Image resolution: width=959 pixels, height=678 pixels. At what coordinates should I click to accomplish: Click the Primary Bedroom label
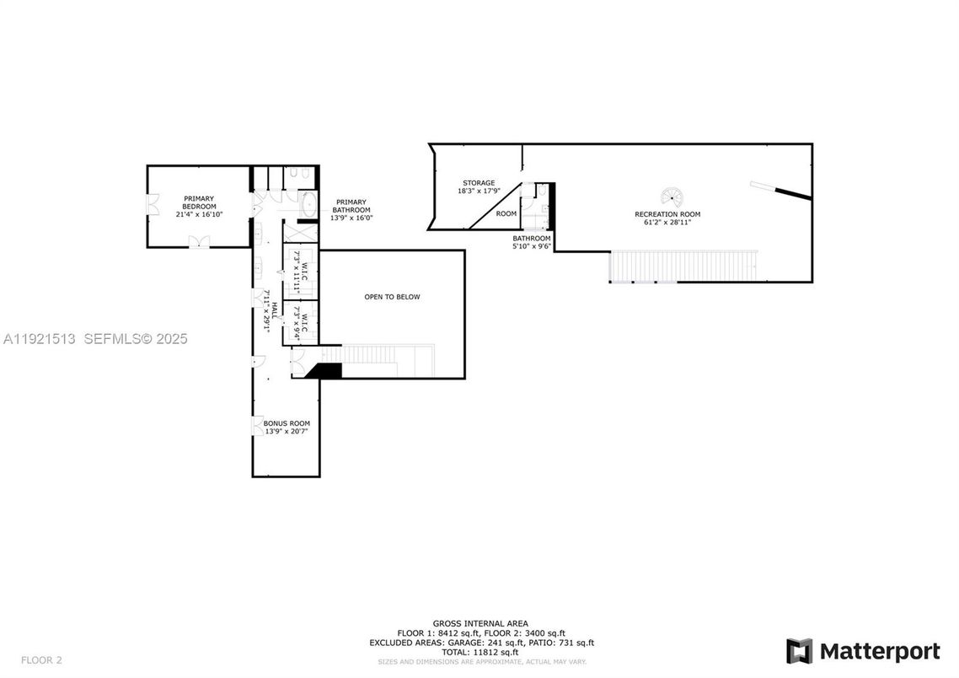[x=200, y=202]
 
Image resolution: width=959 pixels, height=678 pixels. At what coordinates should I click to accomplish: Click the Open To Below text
[x=392, y=297]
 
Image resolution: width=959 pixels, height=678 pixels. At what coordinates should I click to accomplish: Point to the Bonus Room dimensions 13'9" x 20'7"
[x=287, y=432]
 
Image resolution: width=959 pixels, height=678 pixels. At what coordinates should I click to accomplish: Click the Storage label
[x=478, y=183]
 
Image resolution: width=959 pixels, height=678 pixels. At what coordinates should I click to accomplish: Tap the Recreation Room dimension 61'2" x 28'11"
[x=667, y=223]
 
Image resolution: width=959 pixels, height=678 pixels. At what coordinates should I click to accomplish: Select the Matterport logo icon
[x=799, y=651]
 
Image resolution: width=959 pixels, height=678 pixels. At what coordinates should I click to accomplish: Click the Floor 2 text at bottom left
[x=41, y=659]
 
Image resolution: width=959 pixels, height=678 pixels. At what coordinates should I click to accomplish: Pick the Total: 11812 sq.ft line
[x=479, y=652]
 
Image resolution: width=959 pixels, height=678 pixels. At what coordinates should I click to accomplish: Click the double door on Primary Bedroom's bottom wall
[x=200, y=242]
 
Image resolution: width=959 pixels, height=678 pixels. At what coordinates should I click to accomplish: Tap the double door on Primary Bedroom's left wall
[x=152, y=206]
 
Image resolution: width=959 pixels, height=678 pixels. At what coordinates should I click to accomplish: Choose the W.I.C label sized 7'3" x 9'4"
[x=301, y=321]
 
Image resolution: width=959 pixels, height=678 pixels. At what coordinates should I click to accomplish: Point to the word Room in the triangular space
[x=506, y=214]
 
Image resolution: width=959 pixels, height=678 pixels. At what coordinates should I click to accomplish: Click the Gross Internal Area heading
[x=479, y=623]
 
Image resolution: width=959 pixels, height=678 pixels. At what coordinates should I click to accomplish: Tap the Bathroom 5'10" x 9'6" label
[x=532, y=243]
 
